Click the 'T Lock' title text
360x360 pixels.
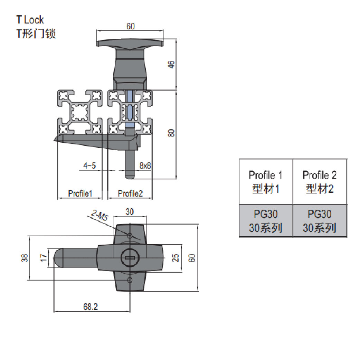(x=30, y=20)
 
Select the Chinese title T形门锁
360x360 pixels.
(x=36, y=34)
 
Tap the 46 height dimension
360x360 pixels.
(x=171, y=64)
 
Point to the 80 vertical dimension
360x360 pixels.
(x=171, y=133)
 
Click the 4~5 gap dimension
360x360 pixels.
(x=89, y=165)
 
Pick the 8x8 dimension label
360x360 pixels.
(x=145, y=165)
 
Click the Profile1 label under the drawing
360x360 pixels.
(x=80, y=193)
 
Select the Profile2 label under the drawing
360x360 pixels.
(x=130, y=193)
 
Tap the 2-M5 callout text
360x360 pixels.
(x=100, y=215)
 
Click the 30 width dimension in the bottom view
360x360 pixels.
(x=130, y=212)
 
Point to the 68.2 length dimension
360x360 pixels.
(x=91, y=307)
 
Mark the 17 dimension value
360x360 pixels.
(x=44, y=258)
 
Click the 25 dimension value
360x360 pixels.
(x=176, y=258)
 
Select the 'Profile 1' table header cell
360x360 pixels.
(x=266, y=182)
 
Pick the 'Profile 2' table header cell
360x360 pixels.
(x=320, y=182)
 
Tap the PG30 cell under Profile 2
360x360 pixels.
(x=320, y=221)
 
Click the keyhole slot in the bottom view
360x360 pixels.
(x=130, y=258)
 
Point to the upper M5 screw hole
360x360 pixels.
(x=130, y=236)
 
